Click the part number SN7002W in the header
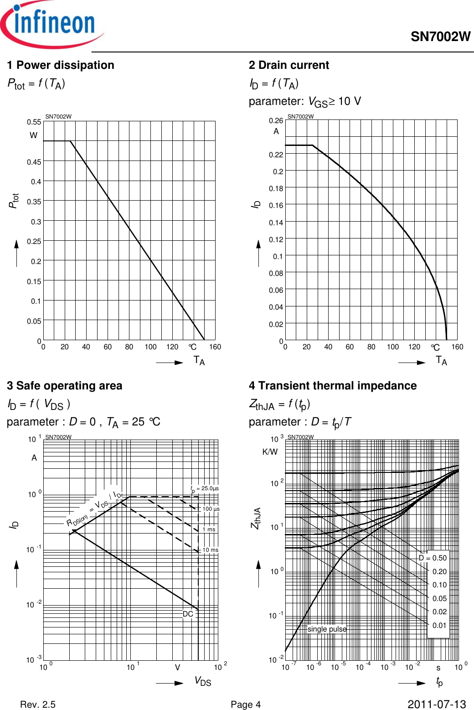(x=440, y=37)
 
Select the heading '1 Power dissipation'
(x=61, y=65)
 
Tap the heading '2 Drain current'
(x=289, y=65)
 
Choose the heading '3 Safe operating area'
(x=65, y=386)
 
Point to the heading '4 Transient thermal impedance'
(x=333, y=386)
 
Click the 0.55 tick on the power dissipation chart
(x=34, y=122)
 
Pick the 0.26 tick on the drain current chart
(x=276, y=120)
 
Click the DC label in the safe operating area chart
(x=188, y=614)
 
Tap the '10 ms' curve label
(x=211, y=550)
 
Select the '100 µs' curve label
(x=211, y=509)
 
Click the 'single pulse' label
(x=327, y=629)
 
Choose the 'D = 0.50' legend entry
(x=433, y=558)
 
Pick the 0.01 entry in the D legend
(x=439, y=625)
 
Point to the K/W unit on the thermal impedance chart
(x=270, y=452)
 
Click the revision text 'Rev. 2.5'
(x=38, y=705)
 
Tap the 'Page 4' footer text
(x=246, y=705)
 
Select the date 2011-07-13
(x=437, y=705)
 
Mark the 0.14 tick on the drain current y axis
(x=276, y=223)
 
